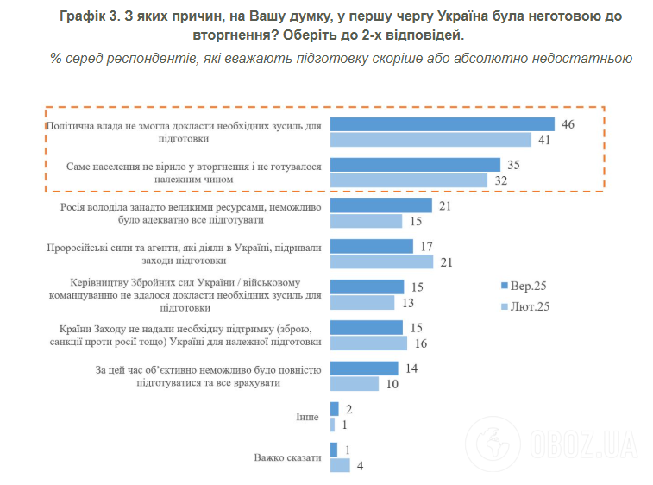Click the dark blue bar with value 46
click(x=442, y=124)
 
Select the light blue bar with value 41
click(x=430, y=140)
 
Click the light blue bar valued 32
click(x=408, y=180)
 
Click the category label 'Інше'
click(x=307, y=417)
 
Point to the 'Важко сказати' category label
click(x=286, y=457)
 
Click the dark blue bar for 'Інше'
click(x=334, y=409)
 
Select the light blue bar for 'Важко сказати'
click(x=340, y=465)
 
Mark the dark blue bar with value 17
click(x=371, y=246)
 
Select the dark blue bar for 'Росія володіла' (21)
click(x=380, y=205)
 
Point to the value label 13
click(x=408, y=302)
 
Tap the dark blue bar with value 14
click(x=363, y=368)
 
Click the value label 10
click(x=392, y=384)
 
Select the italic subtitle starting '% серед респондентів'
click(x=342, y=58)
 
